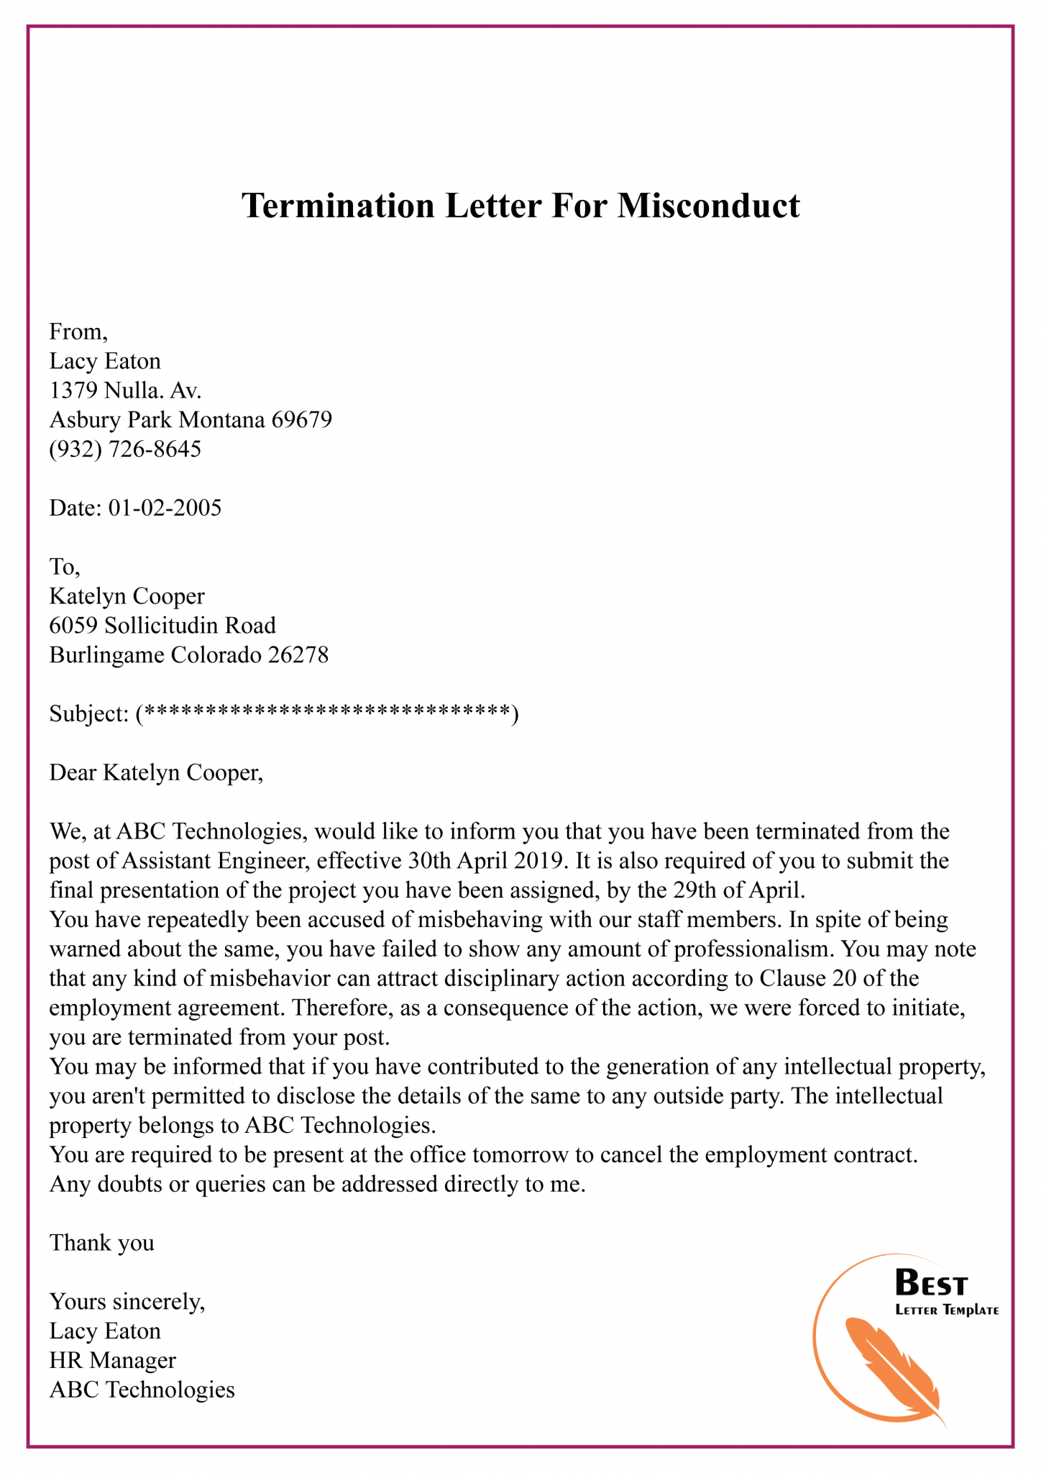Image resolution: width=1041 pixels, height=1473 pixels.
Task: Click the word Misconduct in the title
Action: point(708,206)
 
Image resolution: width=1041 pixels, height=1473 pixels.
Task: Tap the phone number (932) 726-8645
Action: point(125,450)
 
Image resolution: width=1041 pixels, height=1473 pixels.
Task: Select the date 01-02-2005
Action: point(165,509)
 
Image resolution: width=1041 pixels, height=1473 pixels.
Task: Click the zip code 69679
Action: point(301,419)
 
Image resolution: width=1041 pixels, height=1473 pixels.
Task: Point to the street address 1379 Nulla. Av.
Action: point(125,391)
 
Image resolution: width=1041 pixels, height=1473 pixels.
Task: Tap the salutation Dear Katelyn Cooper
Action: point(156,773)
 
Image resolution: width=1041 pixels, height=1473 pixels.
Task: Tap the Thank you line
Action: point(101,1243)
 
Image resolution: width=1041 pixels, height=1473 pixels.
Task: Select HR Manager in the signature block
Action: point(112,1361)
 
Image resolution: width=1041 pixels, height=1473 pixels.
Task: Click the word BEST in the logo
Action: point(931,1283)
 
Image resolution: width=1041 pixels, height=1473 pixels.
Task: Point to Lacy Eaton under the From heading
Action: point(105,361)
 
